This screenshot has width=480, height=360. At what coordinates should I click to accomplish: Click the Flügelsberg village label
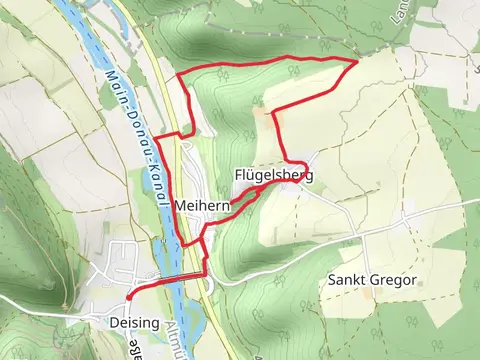coord(273,175)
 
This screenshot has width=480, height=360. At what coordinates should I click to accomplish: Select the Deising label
coord(133,322)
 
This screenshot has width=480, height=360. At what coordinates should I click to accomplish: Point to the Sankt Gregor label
coord(371,280)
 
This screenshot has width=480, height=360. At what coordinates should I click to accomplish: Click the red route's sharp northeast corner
coord(358,63)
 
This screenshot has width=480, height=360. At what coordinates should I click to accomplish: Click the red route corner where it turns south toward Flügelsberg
coord(273,111)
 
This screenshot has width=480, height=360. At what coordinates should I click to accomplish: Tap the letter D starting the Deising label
coord(112,322)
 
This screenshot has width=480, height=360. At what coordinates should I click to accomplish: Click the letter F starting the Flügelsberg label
coord(238,175)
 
